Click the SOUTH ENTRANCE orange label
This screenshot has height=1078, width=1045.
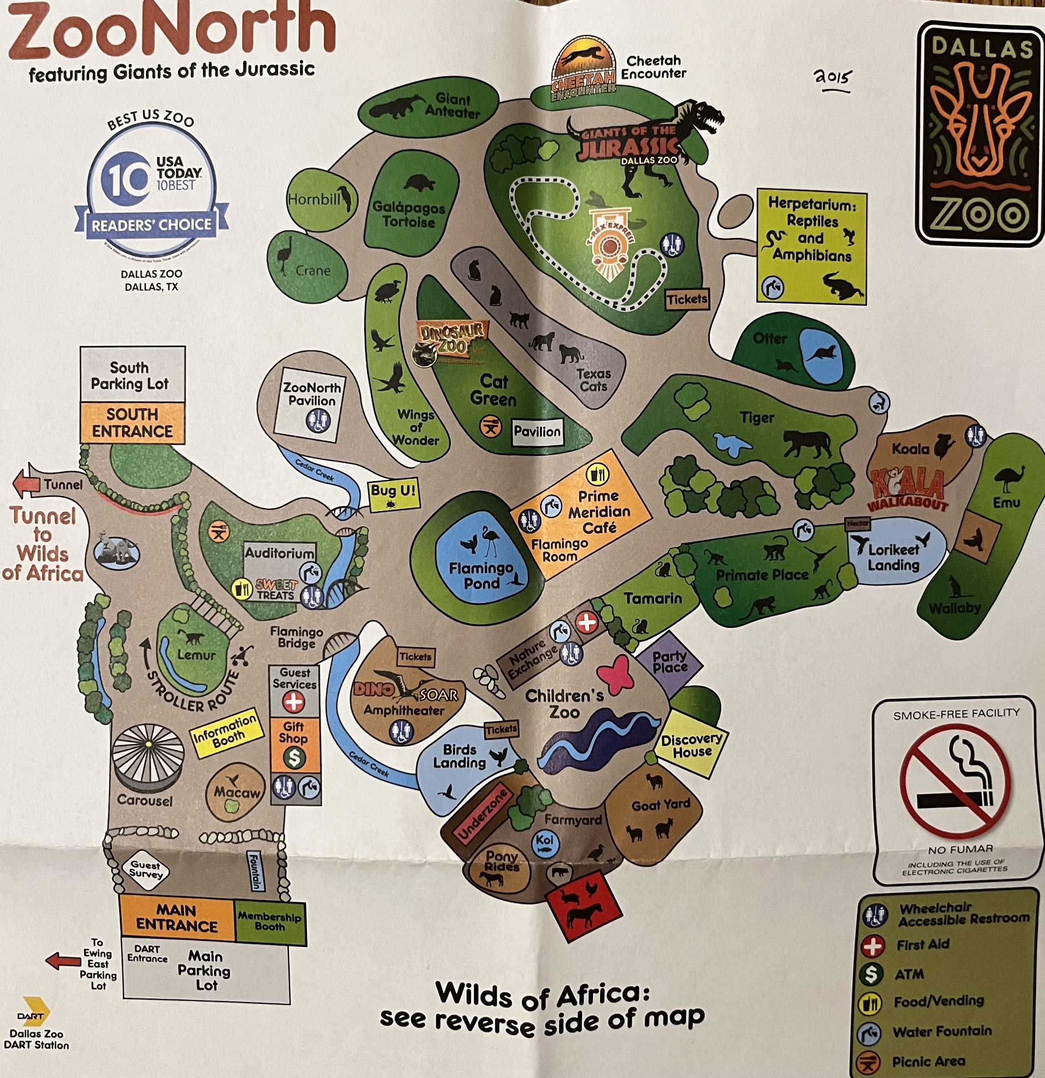[x=132, y=422]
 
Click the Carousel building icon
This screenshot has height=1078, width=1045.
[x=148, y=758]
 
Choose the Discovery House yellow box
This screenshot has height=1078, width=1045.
[x=691, y=745]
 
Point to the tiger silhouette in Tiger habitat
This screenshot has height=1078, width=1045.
[x=807, y=443]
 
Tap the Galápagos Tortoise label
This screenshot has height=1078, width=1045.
[x=409, y=215]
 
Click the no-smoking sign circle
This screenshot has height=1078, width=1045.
[x=955, y=782]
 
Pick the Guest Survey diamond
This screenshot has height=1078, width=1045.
[x=145, y=869]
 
